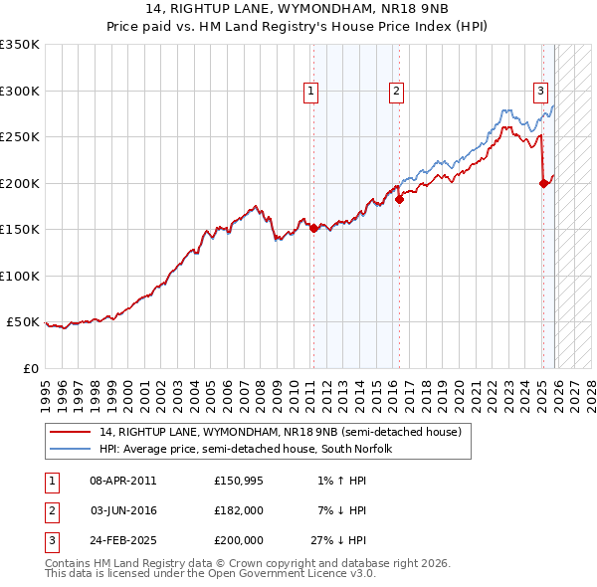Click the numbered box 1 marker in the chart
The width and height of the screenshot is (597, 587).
311,92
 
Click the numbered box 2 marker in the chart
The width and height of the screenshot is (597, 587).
396,92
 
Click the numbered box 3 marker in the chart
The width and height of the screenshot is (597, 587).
540,92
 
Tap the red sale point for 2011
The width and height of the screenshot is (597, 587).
313,228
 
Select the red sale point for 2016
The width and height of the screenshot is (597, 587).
399,199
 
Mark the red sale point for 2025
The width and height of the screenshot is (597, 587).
543,183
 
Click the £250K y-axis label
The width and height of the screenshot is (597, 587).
19,136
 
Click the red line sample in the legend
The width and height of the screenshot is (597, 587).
70,433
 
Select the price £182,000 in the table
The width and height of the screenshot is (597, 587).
238,510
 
